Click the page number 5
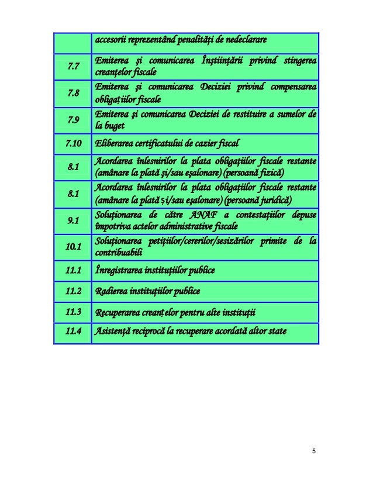[x=314, y=451]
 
